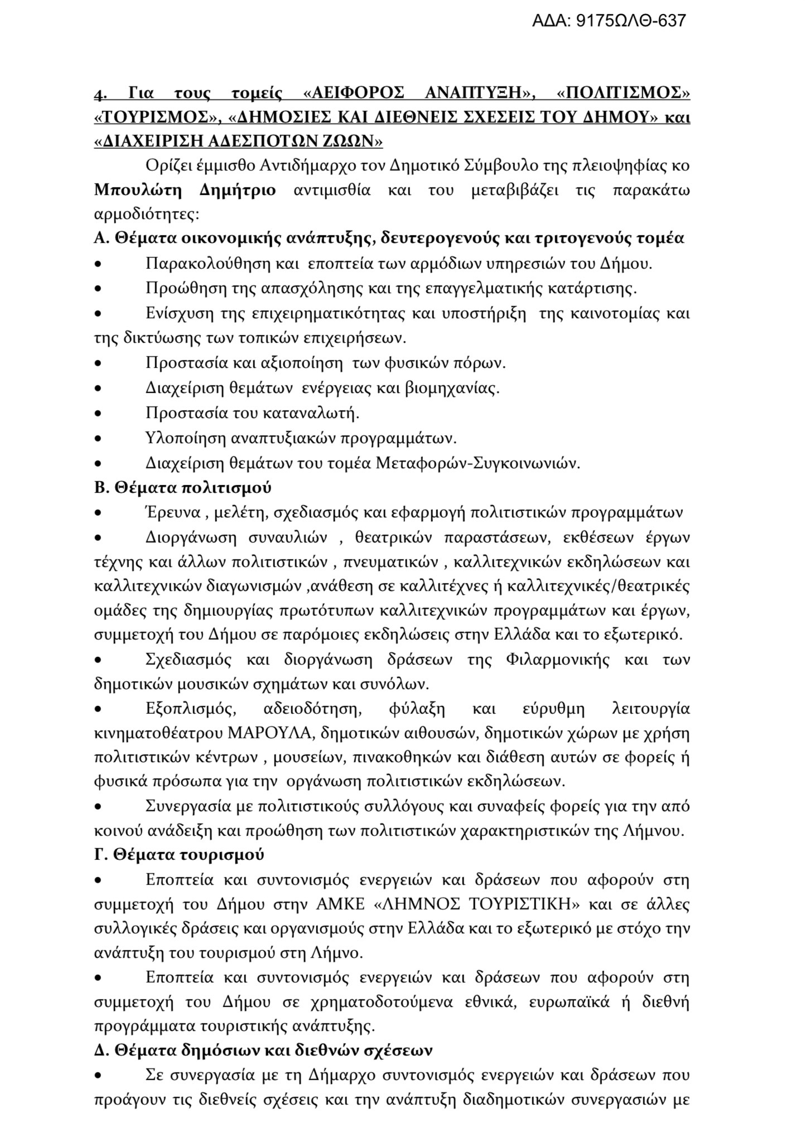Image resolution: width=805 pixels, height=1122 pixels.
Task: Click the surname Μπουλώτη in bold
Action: click(x=138, y=190)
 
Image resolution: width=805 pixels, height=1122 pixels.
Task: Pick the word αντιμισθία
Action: click(x=332, y=190)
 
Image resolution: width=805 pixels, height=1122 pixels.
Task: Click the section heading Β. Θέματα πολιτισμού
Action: click(x=183, y=487)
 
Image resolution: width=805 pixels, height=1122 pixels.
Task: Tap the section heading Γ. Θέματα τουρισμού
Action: click(x=179, y=854)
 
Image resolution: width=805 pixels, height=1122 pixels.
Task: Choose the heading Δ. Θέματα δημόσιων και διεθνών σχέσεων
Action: click(x=263, y=1050)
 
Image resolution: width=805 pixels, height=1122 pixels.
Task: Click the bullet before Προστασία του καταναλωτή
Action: click(x=99, y=414)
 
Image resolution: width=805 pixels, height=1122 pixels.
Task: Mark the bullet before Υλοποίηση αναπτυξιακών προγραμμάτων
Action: click(x=99, y=439)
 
